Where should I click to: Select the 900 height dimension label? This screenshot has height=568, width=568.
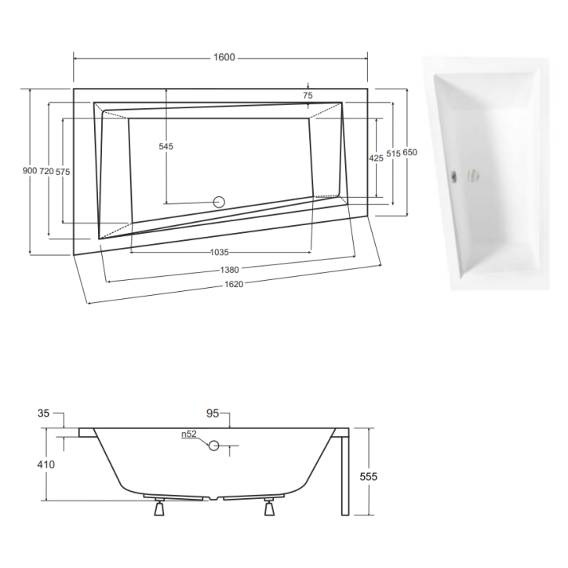[29, 171]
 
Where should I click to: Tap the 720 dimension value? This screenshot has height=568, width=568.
[46, 171]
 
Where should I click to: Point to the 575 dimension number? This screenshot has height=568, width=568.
[64, 171]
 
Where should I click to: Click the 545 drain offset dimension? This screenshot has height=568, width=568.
[166, 146]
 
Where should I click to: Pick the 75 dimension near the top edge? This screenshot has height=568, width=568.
[308, 96]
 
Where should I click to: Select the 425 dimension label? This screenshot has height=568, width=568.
[376, 158]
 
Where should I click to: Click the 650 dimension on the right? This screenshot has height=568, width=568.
[410, 154]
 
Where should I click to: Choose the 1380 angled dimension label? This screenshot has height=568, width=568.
[229, 269]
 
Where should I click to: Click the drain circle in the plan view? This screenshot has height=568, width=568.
[219, 202]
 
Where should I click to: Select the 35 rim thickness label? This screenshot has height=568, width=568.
[42, 413]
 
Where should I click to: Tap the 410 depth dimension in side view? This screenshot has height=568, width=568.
[45, 464]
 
